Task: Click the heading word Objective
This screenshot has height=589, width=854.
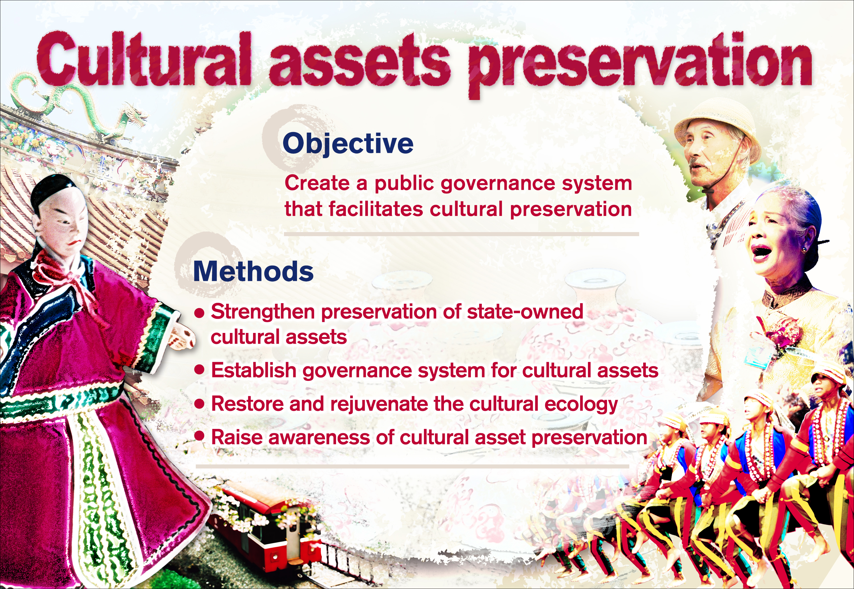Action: tap(348, 144)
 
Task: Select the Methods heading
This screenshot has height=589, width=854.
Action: tap(253, 272)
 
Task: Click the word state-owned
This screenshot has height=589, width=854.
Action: tap(525, 312)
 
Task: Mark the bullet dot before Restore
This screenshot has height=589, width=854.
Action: tap(199, 404)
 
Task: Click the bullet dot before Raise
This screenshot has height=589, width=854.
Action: tap(199, 436)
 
